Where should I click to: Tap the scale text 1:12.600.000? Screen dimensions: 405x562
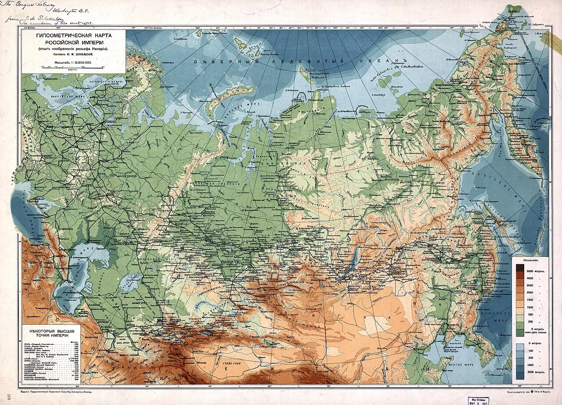click(79, 63)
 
